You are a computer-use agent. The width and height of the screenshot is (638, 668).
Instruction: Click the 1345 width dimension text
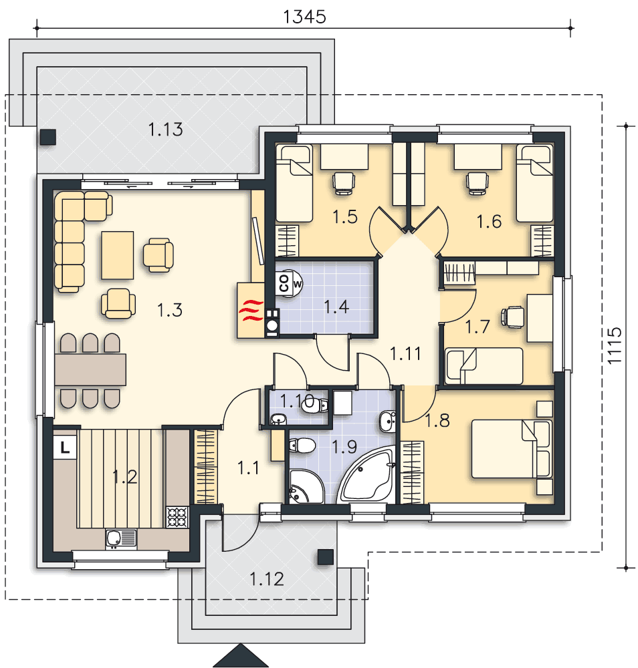pyautogui.click(x=304, y=17)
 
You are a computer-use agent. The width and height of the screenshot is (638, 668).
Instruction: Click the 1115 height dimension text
pyautogui.click(x=615, y=345)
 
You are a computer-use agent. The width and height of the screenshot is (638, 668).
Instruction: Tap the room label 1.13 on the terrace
pyautogui.click(x=165, y=129)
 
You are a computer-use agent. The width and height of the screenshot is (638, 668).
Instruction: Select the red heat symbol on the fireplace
pyautogui.click(x=251, y=310)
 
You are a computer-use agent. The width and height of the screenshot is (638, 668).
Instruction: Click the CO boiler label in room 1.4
pyautogui.click(x=284, y=283)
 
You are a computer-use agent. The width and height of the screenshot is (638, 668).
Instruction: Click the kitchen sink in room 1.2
pyautogui.click(x=121, y=538)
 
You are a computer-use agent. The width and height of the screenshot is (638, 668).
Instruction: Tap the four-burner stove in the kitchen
pyautogui.click(x=177, y=517)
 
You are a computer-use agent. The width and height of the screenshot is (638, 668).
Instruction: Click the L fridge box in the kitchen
pyautogui.click(x=65, y=448)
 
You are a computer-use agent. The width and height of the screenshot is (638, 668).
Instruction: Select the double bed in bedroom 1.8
pyautogui.click(x=512, y=449)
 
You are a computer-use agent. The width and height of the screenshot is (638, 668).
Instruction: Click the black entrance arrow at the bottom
pyautogui.click(x=241, y=656)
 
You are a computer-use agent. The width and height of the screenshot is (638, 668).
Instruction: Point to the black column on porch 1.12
pyautogui.click(x=326, y=557)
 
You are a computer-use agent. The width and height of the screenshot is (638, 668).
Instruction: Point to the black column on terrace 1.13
pyautogui.click(x=48, y=137)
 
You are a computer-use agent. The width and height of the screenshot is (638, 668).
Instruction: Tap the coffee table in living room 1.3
pyautogui.click(x=117, y=255)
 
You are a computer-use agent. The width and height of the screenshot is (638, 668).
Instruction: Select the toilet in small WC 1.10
pyautogui.click(x=315, y=405)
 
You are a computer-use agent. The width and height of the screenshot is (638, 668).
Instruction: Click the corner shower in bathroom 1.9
pyautogui.click(x=307, y=486)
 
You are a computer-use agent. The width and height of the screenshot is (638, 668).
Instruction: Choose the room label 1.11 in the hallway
pyautogui.click(x=405, y=353)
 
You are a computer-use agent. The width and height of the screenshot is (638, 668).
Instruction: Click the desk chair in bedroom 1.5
pyautogui.click(x=344, y=183)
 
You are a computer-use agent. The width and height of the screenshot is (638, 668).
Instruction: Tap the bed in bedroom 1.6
pyautogui.click(x=535, y=183)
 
